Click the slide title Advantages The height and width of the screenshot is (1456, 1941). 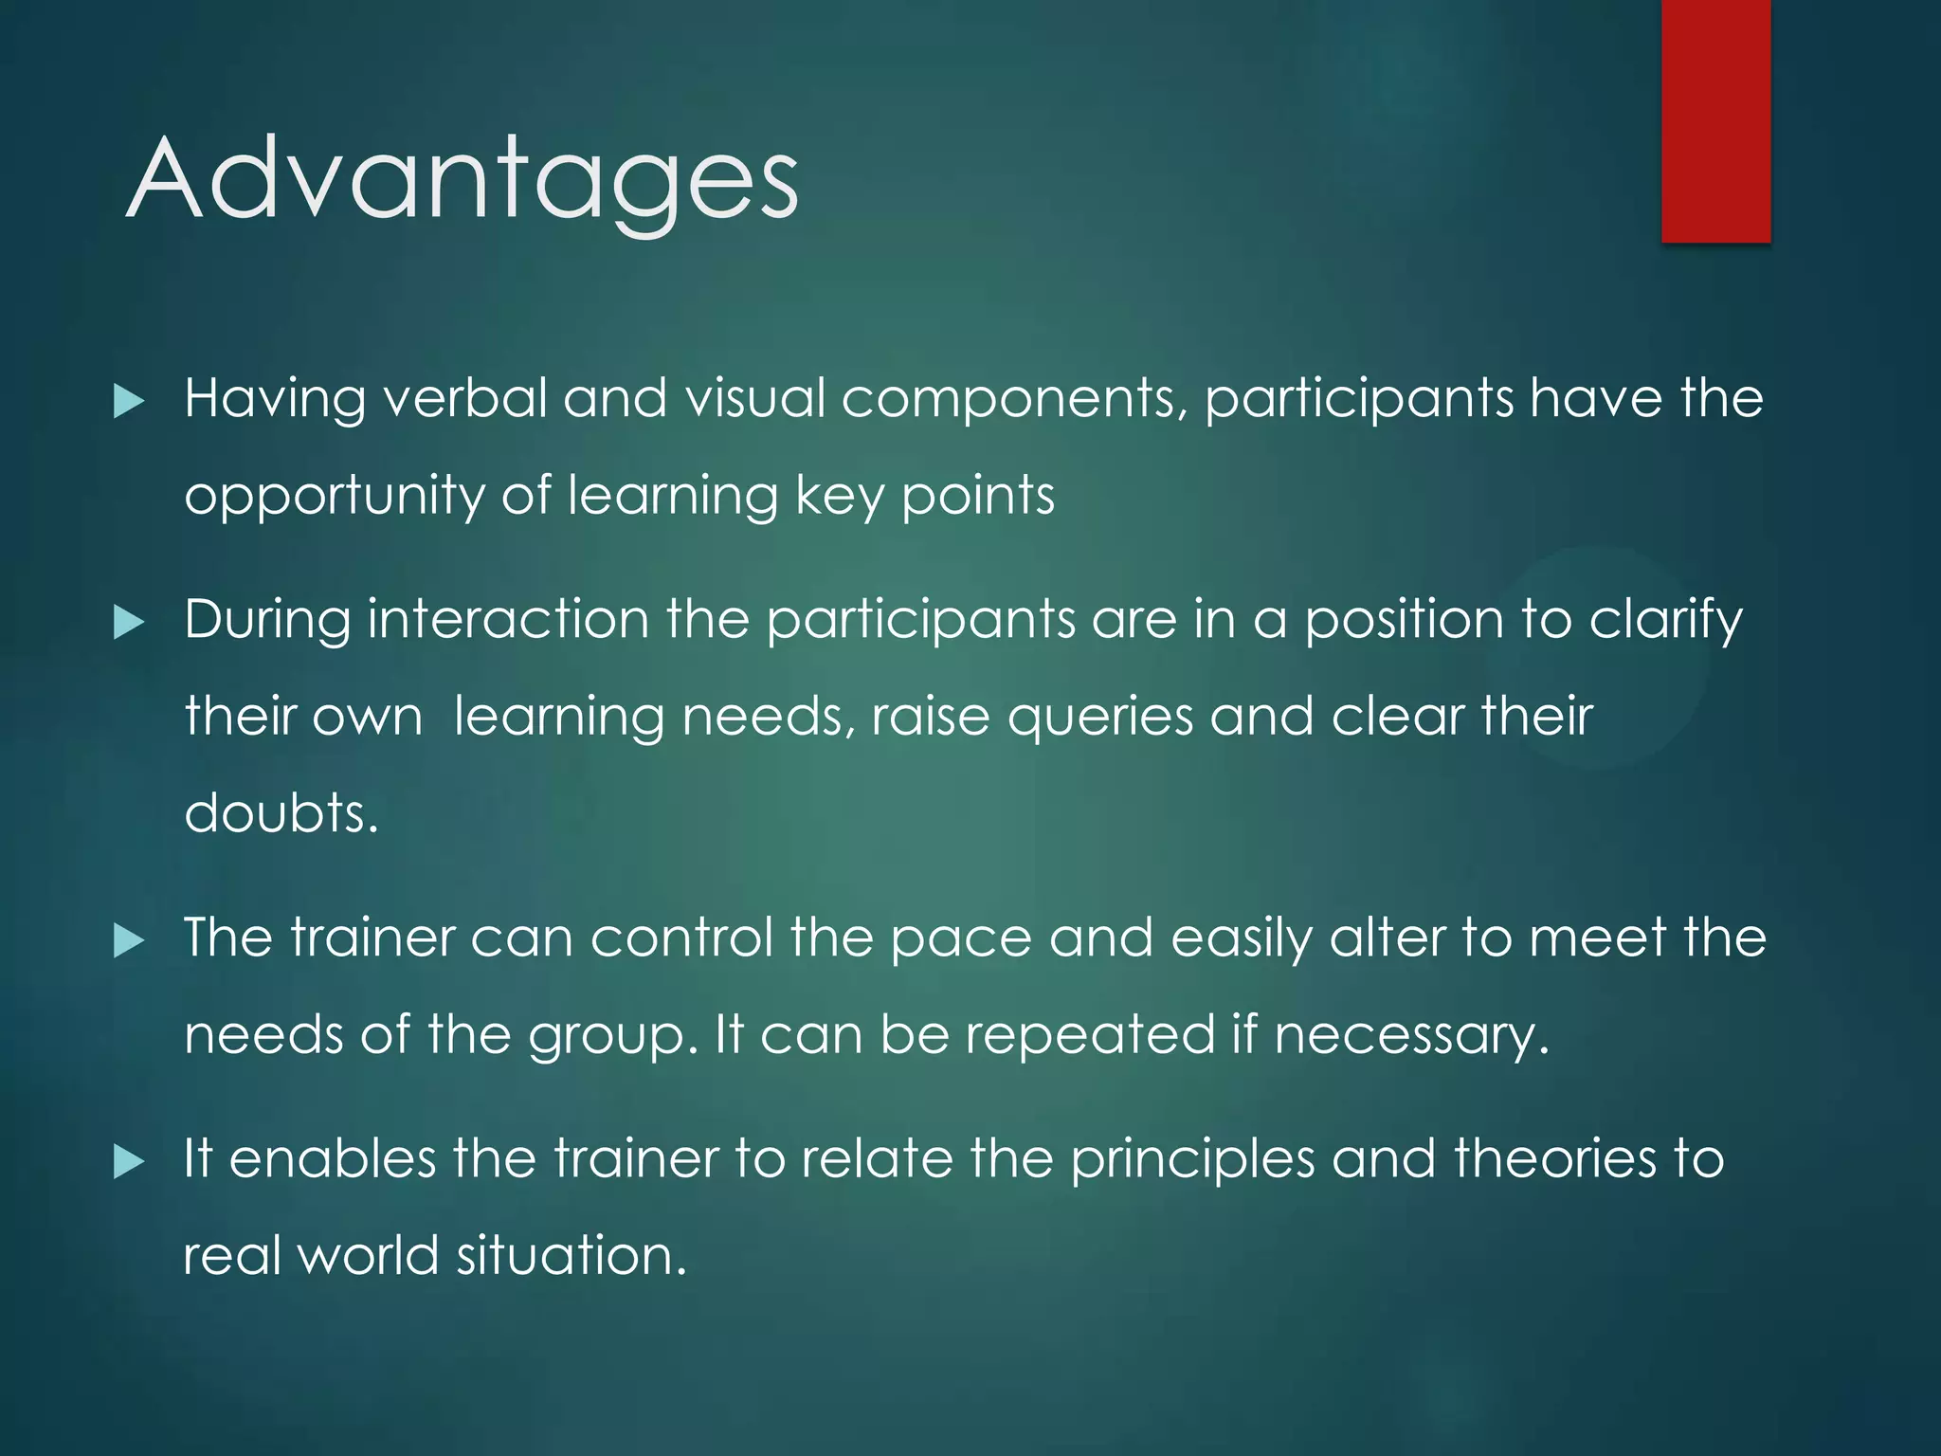[463, 180]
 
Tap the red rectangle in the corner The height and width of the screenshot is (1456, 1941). [1715, 120]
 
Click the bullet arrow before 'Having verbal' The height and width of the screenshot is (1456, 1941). [128, 401]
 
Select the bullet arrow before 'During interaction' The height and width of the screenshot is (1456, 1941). [128, 623]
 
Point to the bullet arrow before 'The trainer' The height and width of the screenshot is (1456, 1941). [128, 940]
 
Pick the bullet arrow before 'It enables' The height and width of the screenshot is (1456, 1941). [128, 1161]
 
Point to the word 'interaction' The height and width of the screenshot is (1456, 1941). [508, 620]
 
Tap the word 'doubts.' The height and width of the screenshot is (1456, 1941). [281, 813]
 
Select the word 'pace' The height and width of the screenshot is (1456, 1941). [960, 939]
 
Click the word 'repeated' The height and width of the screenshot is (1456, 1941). [1090, 1035]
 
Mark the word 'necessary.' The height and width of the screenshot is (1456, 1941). [1412, 1035]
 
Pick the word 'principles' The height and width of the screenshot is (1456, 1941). [1192, 1161]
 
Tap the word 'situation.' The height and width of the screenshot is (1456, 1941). [571, 1256]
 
